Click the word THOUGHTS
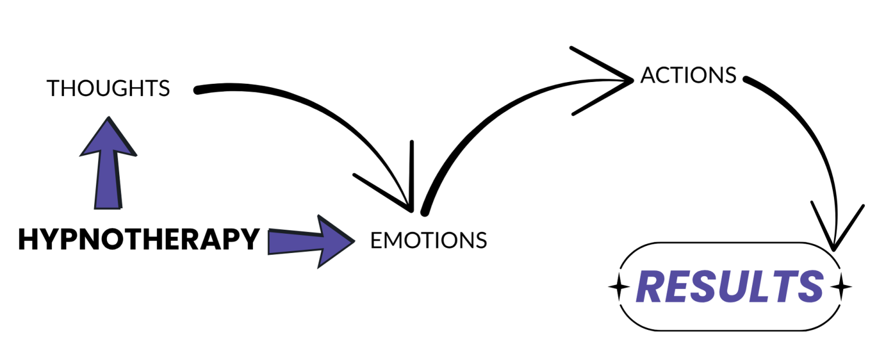[x=108, y=88]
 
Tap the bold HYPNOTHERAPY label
[x=138, y=240]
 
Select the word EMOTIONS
[x=429, y=240]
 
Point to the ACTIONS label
[x=688, y=75]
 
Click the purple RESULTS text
[x=730, y=287]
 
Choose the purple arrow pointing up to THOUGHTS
[x=108, y=163]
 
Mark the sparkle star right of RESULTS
[x=841, y=287]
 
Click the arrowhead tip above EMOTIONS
[x=411, y=211]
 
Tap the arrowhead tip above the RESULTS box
[x=834, y=249]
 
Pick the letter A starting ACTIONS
[x=647, y=75]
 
